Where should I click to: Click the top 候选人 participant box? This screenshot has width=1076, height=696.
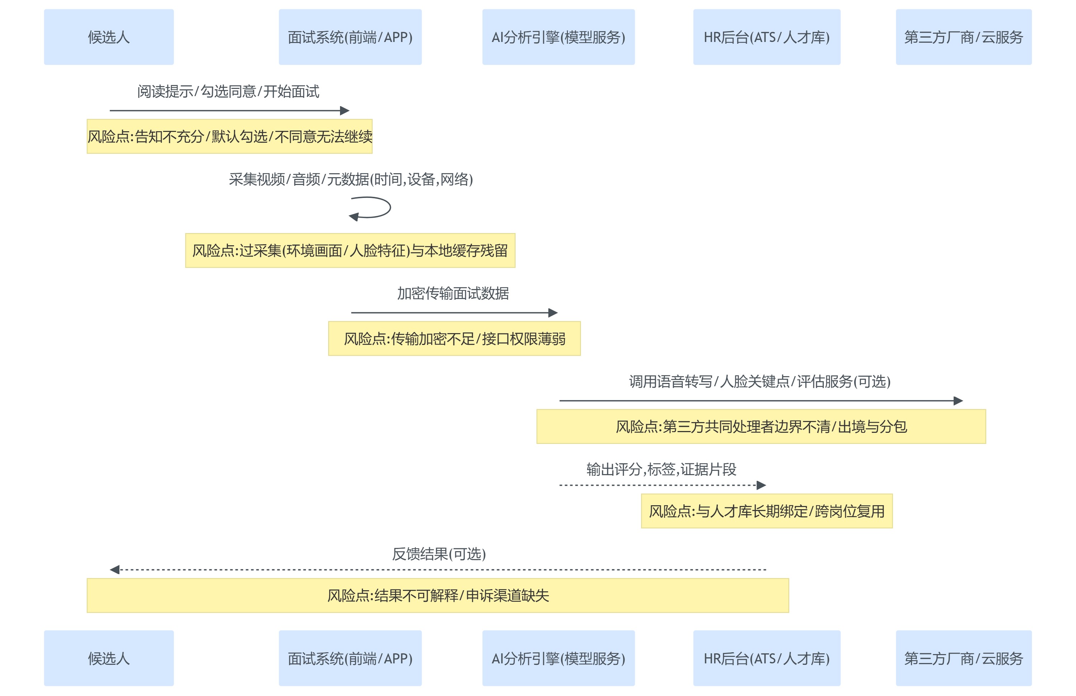[109, 37]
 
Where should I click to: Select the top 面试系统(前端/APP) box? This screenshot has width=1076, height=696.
[350, 37]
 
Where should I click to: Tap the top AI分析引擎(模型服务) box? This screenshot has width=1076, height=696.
[558, 37]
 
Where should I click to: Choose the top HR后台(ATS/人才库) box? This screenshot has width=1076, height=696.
[766, 37]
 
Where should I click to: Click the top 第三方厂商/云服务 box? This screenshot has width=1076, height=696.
[963, 37]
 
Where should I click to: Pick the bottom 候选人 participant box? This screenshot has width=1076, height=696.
[109, 658]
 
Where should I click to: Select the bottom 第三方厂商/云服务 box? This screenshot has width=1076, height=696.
[963, 658]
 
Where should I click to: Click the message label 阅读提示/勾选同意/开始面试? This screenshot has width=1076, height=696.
[228, 92]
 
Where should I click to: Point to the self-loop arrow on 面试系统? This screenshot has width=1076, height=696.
[380, 208]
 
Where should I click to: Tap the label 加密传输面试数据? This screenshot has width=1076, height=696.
[453, 294]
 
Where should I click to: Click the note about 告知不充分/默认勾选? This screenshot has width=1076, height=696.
[230, 137]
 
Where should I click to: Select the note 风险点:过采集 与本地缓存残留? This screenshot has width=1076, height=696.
[350, 250]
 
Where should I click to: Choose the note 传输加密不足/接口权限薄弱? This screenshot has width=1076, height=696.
[454, 338]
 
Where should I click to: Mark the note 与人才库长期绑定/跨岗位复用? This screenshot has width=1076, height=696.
[767, 511]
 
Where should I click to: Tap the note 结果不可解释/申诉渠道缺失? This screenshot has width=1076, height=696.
[438, 596]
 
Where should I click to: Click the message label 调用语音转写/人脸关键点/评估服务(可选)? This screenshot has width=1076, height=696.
[760, 382]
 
